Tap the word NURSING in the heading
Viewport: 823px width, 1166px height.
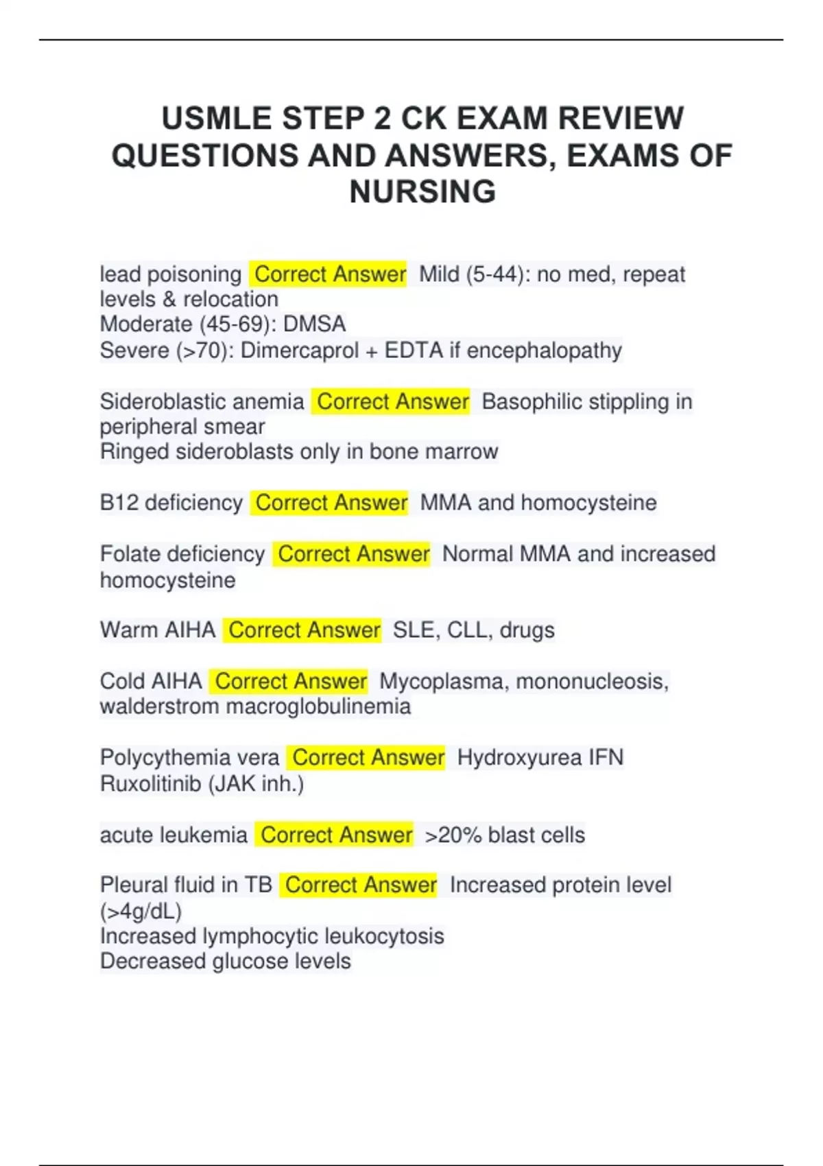click(x=422, y=191)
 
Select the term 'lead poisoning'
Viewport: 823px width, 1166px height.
click(x=170, y=274)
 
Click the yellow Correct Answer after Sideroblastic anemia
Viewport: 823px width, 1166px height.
click(x=392, y=401)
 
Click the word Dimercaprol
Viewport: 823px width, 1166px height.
click(x=299, y=350)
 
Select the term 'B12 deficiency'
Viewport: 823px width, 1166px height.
click(x=171, y=503)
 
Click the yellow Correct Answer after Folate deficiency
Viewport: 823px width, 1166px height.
click(x=353, y=554)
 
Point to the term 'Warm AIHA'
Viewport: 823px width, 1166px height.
click(x=157, y=630)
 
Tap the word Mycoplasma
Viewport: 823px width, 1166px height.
click(x=444, y=681)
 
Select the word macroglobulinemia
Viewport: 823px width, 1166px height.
click(x=318, y=706)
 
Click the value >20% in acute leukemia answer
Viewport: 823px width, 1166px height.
click(x=453, y=835)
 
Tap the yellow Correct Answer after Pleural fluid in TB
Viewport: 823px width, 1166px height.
click(x=361, y=885)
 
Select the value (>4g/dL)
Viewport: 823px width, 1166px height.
click(x=141, y=911)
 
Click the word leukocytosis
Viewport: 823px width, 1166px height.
click(x=384, y=936)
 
